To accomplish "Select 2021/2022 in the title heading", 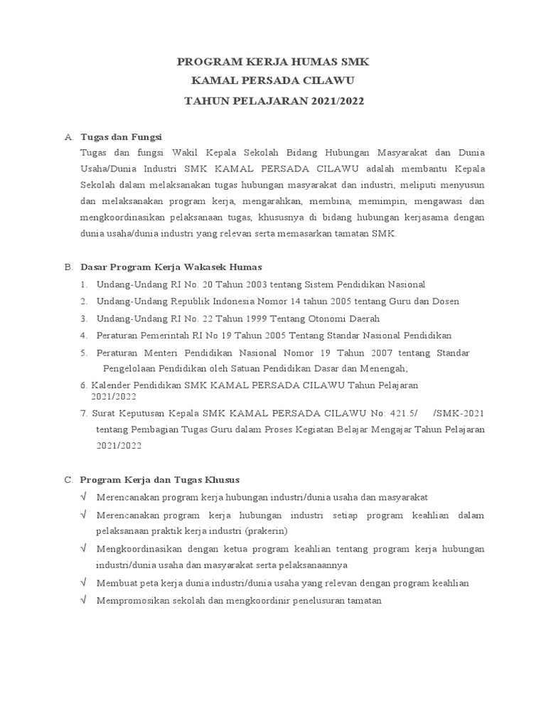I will (337, 101).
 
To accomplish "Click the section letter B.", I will (68, 267).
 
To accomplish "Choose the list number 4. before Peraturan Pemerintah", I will (83, 336).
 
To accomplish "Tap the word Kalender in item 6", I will (114, 385).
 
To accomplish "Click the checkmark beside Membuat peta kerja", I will (84, 583).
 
